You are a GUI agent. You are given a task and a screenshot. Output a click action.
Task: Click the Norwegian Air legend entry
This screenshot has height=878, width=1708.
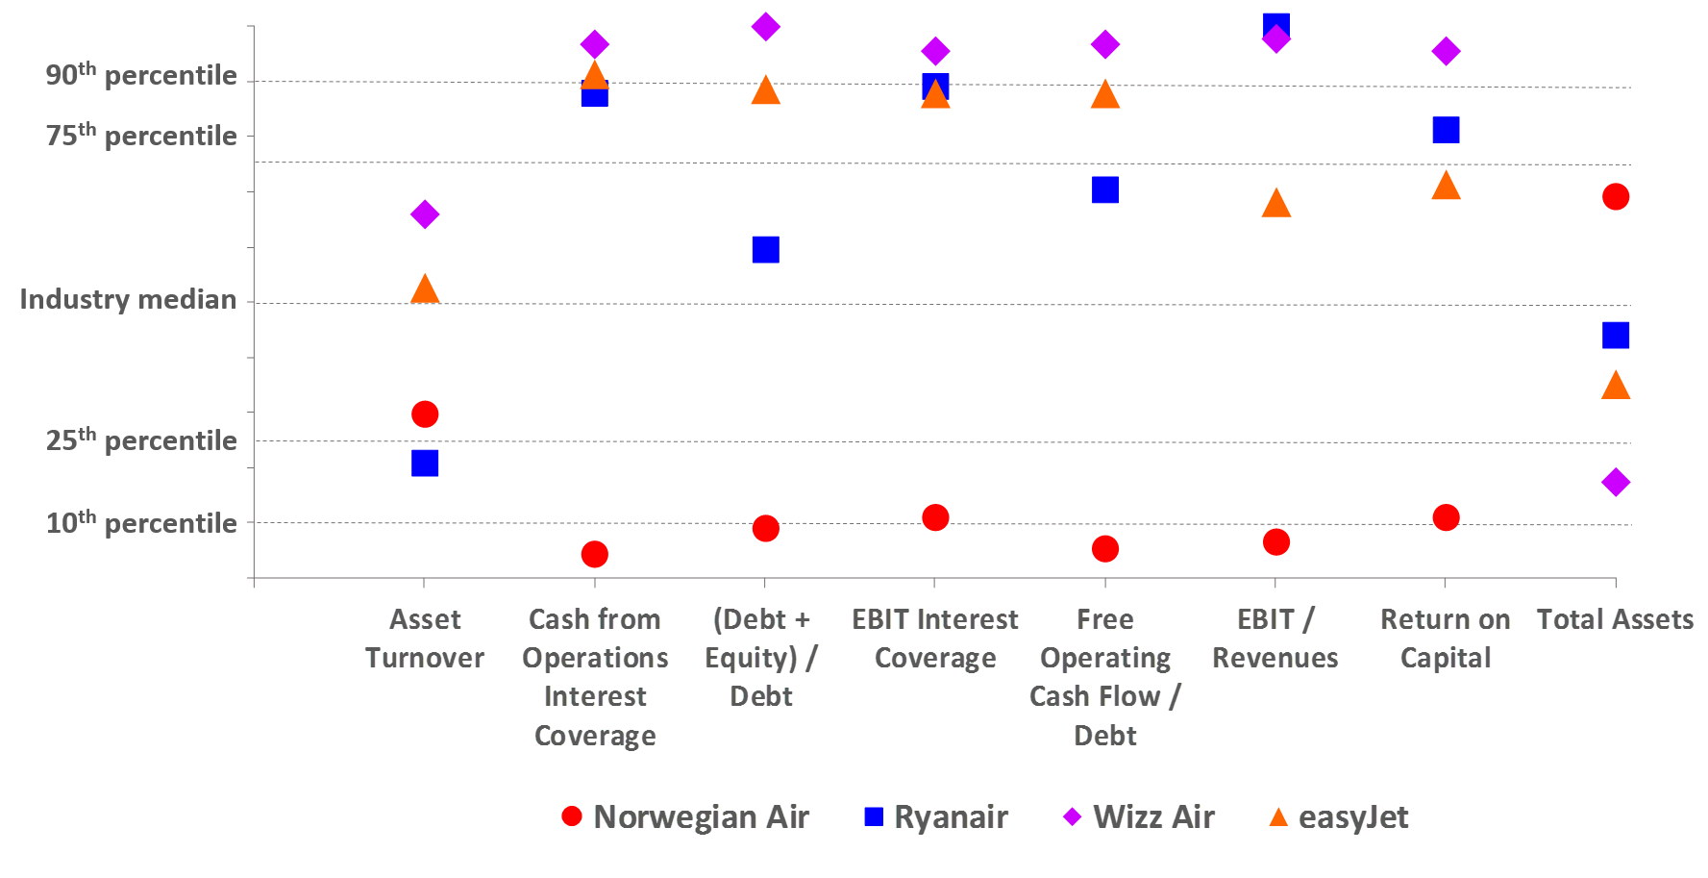coord(685,816)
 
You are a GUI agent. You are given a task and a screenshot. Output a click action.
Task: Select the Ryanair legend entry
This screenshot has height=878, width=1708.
coord(936,816)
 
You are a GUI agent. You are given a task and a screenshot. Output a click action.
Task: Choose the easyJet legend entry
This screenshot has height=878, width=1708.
coord(1339,816)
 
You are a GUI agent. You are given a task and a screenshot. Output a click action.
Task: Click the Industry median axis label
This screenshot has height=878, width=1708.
coord(128,299)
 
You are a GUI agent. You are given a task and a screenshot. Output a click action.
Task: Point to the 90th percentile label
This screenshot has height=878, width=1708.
coord(141,74)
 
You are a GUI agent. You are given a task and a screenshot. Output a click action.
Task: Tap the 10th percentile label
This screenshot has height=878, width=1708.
coord(141,522)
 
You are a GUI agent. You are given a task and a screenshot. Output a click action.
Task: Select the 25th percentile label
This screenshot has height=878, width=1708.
coord(141,439)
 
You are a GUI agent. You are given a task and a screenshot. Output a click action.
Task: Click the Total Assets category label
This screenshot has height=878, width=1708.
coord(1615,619)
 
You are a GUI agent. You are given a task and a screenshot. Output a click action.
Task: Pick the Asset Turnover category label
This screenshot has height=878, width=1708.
coord(425,639)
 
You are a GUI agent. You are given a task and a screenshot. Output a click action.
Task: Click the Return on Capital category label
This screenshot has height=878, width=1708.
coord(1446,639)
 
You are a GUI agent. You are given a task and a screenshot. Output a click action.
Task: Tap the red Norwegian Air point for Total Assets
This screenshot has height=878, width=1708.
coord(1616,196)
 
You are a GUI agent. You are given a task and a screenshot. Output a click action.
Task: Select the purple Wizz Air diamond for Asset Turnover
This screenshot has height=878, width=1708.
coord(425,213)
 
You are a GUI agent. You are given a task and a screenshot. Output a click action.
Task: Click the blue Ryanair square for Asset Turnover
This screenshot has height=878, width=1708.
coord(425,464)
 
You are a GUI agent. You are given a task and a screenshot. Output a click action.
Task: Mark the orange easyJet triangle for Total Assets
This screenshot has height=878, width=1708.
coord(1616,386)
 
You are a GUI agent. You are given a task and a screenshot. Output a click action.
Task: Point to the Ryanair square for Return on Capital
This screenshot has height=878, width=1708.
coord(1446,130)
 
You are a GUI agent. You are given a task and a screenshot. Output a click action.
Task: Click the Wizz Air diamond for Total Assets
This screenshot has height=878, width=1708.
coord(1616,482)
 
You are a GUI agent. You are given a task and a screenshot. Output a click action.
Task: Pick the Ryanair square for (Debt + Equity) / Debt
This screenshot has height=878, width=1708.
coord(765,250)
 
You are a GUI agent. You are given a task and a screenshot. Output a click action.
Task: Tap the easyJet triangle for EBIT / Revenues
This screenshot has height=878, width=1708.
coord(1275,203)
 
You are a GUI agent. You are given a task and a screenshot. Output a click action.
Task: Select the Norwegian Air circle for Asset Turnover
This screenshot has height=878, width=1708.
coord(425,414)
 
